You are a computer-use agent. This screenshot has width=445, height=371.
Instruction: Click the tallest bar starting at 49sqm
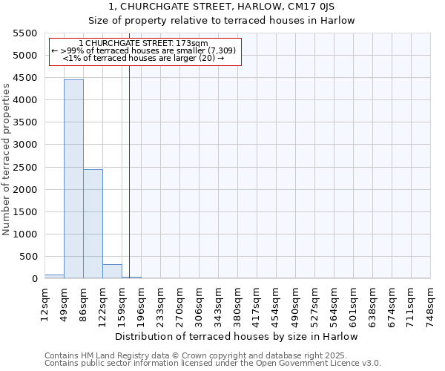pyautogui.click(x=73, y=178)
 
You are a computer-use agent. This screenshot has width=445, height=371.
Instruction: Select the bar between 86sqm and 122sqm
pyautogui.click(x=93, y=223)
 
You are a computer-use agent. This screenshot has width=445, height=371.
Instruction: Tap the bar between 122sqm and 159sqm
pyautogui.click(x=112, y=271)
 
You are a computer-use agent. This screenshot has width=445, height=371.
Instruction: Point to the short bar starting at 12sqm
pyautogui.click(x=54, y=276)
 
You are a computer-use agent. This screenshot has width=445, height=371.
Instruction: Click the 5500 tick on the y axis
pyautogui.click(x=24, y=33)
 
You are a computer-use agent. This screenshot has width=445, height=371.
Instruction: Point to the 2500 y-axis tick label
pyautogui.click(x=24, y=168)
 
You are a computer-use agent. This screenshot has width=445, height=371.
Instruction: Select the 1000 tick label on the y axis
pyautogui.click(x=24, y=234)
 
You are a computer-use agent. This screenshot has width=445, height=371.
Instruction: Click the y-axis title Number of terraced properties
pyautogui.click(x=7, y=160)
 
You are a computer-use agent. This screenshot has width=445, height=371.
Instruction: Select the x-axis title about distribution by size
pyautogui.click(x=237, y=336)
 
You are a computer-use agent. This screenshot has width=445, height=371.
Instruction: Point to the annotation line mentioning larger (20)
pyautogui.click(x=143, y=58)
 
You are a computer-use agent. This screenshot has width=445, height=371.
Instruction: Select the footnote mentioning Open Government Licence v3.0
pyautogui.click(x=213, y=363)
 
